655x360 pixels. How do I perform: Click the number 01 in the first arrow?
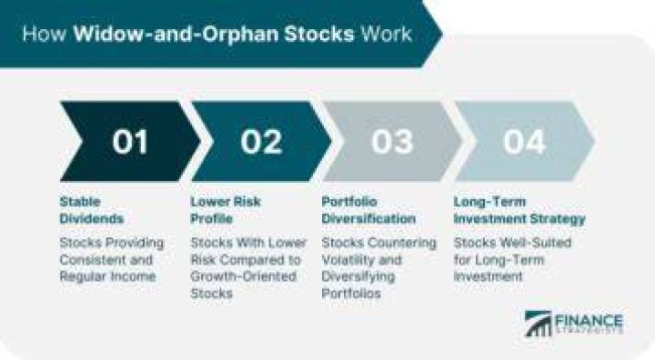pyautogui.click(x=130, y=142)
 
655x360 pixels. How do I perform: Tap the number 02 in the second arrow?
pyautogui.click(x=261, y=142)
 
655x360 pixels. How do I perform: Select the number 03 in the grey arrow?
pyautogui.click(x=393, y=142)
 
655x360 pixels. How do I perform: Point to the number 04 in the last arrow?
pyautogui.click(x=524, y=142)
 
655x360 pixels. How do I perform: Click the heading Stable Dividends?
pyautogui.click(x=92, y=210)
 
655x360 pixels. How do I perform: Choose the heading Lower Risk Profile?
pyautogui.click(x=226, y=210)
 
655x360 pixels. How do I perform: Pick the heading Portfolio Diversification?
pyautogui.click(x=368, y=210)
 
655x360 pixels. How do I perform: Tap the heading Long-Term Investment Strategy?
pyautogui.click(x=519, y=210)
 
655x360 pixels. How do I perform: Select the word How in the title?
pyautogui.click(x=44, y=34)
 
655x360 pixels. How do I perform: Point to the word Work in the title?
pyautogui.click(x=387, y=34)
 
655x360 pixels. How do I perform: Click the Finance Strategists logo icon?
pyautogui.click(x=538, y=324)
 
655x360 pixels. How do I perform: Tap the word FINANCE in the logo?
pyautogui.click(x=589, y=321)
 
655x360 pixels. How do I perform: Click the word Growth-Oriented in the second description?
pyautogui.click(x=244, y=276)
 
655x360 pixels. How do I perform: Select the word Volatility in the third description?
pyautogui.click(x=349, y=260)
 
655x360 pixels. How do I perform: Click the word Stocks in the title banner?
pyautogui.click(x=318, y=34)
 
